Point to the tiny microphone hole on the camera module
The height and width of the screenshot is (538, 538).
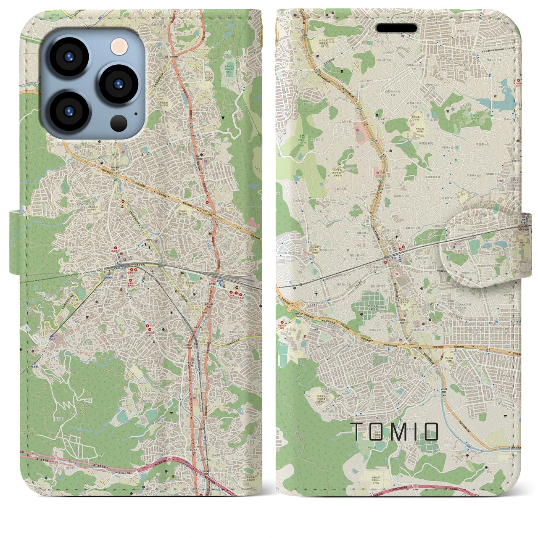click(x=135, y=113)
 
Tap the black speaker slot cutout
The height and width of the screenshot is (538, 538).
click(x=396, y=28)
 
